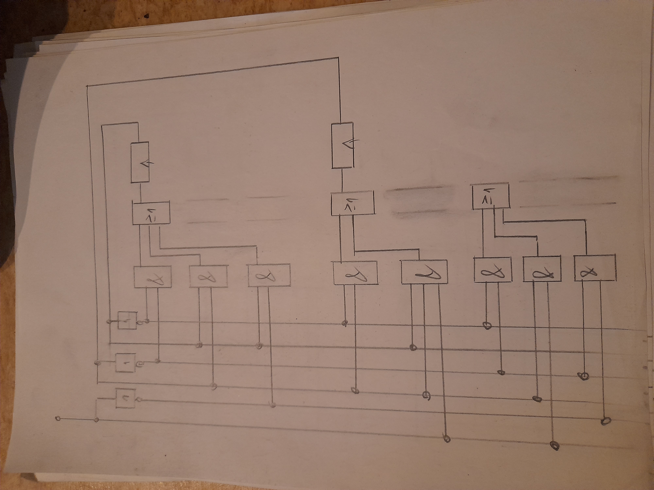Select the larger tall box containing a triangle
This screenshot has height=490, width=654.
pos(342,146)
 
